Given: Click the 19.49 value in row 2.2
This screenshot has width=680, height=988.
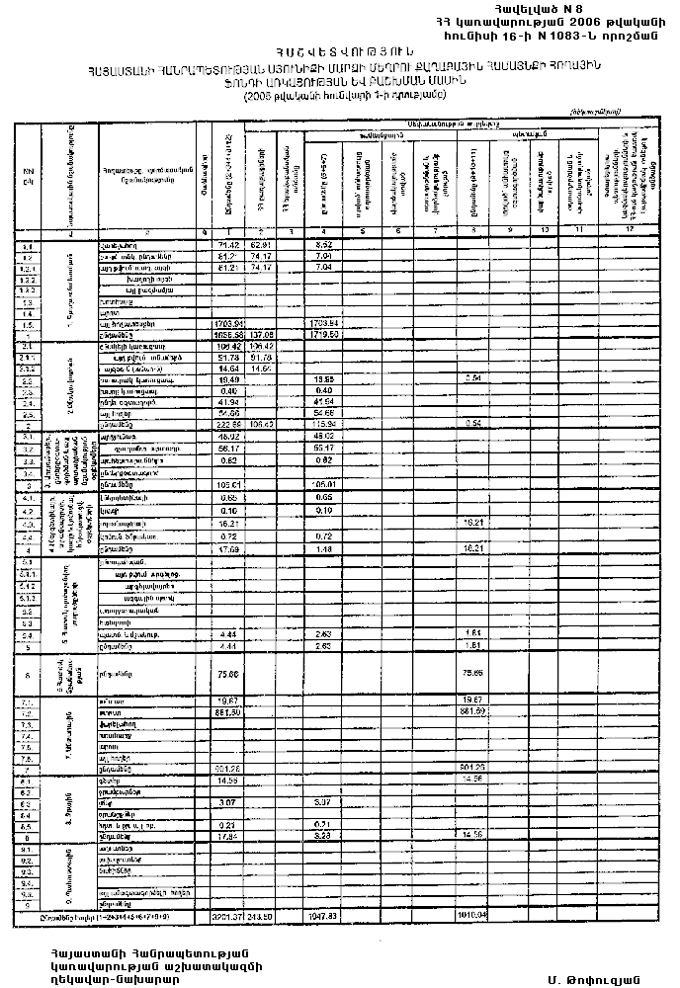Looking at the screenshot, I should pos(228,378).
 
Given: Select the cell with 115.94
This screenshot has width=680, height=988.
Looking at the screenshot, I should pos(323,424).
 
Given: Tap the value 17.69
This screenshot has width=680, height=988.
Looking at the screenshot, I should pos(228,549).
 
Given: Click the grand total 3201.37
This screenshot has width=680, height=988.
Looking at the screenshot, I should pos(226,915).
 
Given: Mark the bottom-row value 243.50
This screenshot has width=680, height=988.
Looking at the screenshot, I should pos(261,915).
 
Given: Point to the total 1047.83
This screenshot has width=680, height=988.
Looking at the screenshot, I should pos(323,915).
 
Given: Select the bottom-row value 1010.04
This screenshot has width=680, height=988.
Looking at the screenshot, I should pos(475,915).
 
